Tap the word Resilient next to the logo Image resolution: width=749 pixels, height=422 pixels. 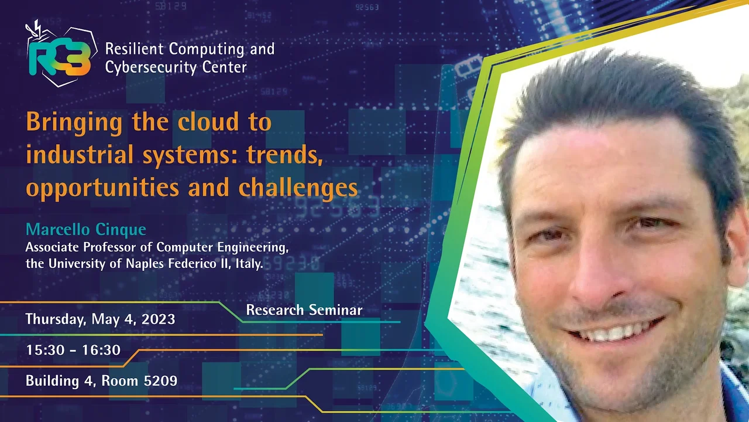(x=135, y=49)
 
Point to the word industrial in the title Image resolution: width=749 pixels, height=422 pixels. (x=80, y=154)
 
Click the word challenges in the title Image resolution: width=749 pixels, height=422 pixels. (x=298, y=188)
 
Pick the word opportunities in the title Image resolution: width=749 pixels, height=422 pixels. (x=102, y=188)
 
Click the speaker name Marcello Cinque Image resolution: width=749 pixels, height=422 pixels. (x=86, y=230)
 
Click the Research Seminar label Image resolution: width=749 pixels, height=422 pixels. (x=304, y=310)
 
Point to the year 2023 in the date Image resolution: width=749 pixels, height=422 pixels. (x=158, y=319)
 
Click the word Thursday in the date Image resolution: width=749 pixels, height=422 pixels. (x=56, y=319)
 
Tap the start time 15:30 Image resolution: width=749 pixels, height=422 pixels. (x=45, y=350)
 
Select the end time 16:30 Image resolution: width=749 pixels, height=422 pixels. (x=101, y=350)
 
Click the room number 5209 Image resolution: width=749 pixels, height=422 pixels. (x=160, y=381)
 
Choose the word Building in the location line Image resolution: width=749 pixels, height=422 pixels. (x=52, y=381)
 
